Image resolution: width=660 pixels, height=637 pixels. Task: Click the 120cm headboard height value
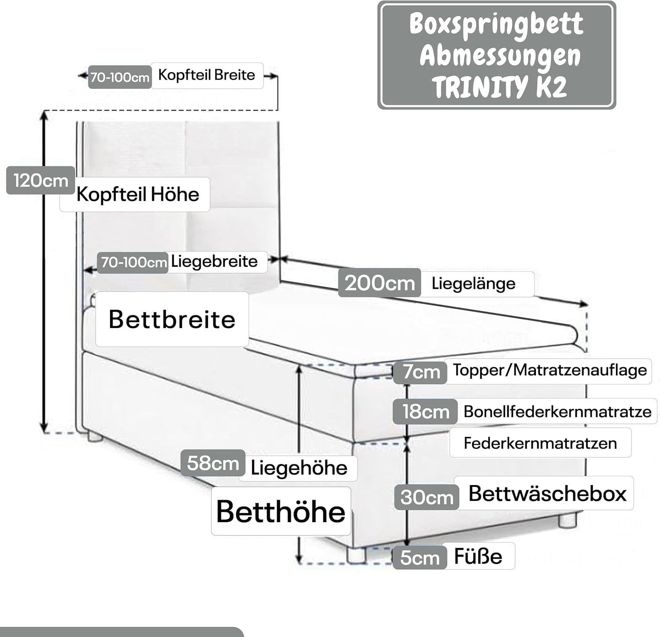tap(40, 180)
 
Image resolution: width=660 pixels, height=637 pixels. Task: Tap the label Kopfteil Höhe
tap(138, 194)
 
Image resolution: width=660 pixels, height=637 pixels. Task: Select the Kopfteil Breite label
tap(206, 75)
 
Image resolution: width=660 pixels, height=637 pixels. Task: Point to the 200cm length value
tap(379, 283)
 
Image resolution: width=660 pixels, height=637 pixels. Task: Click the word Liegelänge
tap(473, 283)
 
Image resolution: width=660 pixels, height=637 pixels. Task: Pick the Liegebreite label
tap(214, 261)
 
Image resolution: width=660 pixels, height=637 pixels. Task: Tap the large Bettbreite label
tap(172, 319)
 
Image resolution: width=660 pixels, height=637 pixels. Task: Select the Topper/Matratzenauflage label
tap(550, 370)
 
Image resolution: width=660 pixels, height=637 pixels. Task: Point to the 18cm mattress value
tap(425, 412)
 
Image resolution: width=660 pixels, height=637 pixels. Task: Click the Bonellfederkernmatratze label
tap(557, 412)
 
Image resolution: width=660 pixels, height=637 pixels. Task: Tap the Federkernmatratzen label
tap(540, 443)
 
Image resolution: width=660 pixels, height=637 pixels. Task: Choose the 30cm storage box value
tap(426, 497)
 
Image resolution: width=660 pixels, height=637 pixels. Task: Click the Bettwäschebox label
tap(547, 493)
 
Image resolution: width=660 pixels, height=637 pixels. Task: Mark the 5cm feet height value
tap(420, 558)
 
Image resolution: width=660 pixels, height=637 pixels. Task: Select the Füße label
tap(478, 556)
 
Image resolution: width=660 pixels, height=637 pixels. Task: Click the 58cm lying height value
tap(213, 463)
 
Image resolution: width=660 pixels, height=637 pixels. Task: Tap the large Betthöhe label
tap(281, 511)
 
